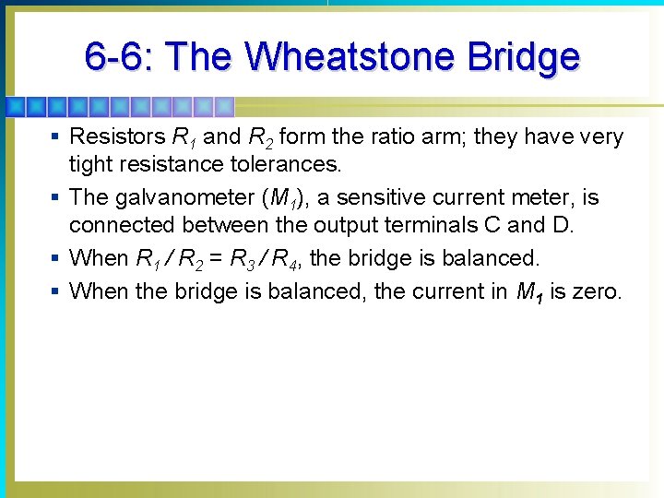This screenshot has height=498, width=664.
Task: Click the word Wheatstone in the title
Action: (x=351, y=57)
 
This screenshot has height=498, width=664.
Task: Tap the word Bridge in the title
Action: (x=524, y=57)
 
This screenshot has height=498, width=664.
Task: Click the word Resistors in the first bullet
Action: (x=117, y=137)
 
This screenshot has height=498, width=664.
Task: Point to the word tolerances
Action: (x=290, y=166)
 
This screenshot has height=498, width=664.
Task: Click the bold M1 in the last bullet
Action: (x=528, y=293)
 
